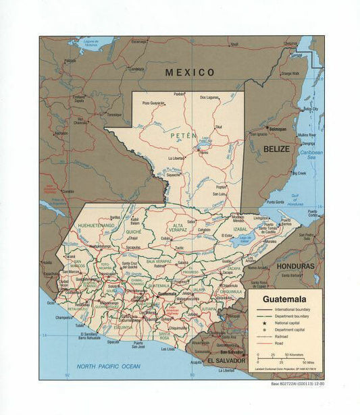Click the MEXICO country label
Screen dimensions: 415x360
[191, 72]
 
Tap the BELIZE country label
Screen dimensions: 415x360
[276, 148]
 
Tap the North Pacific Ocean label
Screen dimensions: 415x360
[108, 366]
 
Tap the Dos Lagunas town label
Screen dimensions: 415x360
[211, 97]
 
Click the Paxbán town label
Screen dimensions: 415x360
[179, 94]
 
